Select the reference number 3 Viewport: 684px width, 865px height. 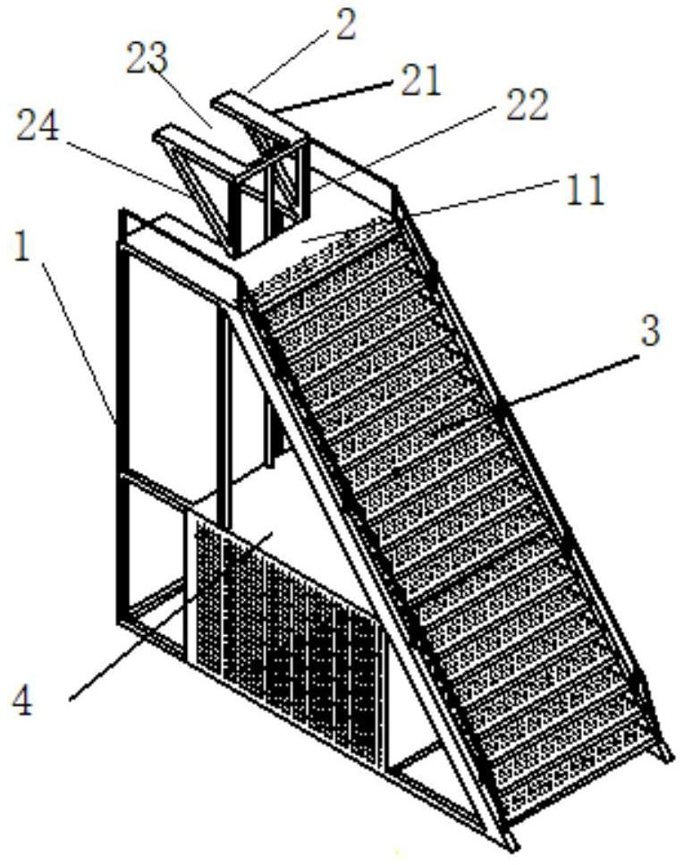(x=650, y=330)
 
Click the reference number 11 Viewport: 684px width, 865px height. (x=586, y=191)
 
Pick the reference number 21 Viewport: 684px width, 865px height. (x=421, y=81)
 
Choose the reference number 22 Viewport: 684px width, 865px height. (x=527, y=105)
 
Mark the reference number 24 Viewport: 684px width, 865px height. (x=38, y=127)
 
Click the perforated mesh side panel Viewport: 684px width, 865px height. (x=287, y=640)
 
